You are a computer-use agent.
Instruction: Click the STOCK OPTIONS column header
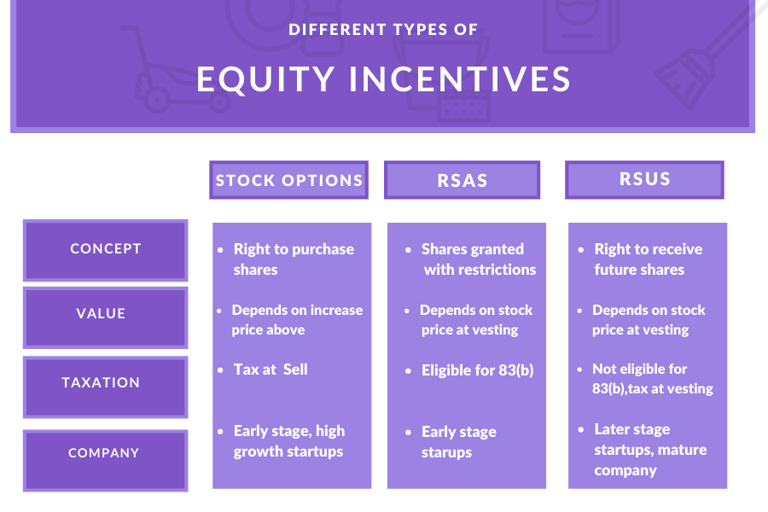(x=289, y=180)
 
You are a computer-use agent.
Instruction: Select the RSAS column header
(x=462, y=180)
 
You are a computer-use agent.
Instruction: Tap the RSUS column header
(x=644, y=179)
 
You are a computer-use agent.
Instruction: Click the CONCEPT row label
(x=105, y=250)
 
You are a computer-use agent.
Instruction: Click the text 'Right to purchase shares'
(x=294, y=259)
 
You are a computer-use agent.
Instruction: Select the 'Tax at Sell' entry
(x=271, y=369)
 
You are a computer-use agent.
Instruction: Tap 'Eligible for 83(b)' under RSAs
(x=477, y=370)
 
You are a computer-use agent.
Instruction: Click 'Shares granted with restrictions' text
(x=479, y=259)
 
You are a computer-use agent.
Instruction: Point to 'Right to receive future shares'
(x=648, y=259)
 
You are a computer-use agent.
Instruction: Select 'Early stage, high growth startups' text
(x=289, y=441)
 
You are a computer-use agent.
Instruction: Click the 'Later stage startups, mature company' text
(x=650, y=450)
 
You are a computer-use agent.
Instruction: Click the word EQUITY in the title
(x=265, y=79)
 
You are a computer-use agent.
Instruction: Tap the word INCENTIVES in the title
(x=460, y=79)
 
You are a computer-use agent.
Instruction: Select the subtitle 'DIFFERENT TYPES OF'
(x=383, y=29)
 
